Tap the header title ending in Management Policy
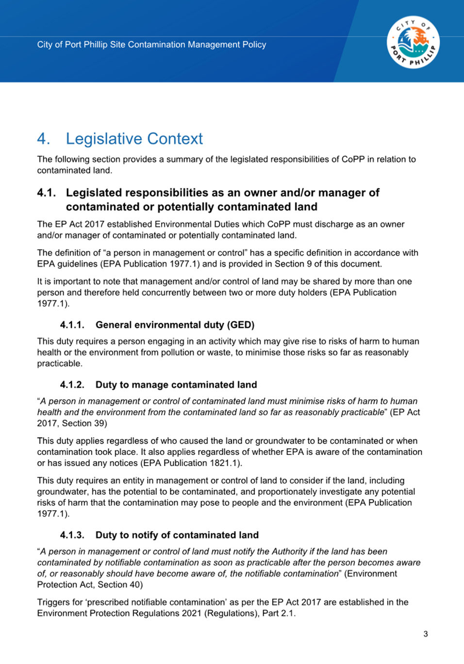(151, 45)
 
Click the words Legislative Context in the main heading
(134, 139)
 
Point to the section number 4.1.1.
(72, 325)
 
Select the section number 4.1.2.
(72, 385)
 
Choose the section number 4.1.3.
(72, 535)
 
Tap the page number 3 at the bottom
(426, 634)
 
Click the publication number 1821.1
(224, 463)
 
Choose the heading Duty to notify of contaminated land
(177, 535)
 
